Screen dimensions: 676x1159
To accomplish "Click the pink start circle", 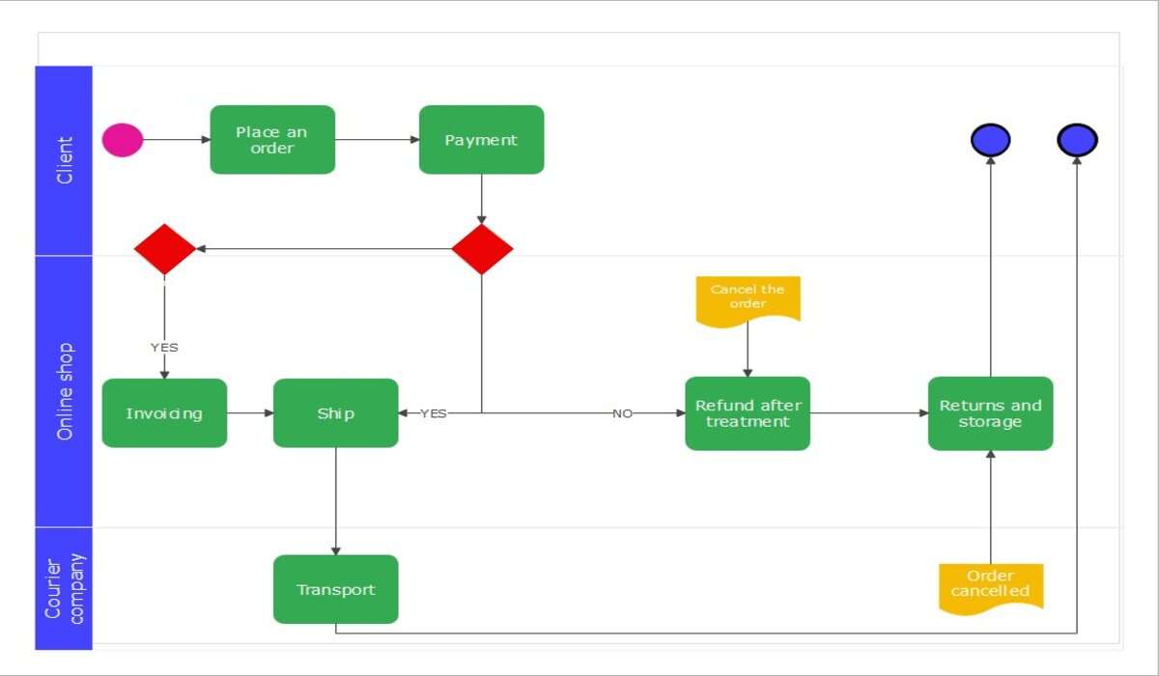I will [123, 140].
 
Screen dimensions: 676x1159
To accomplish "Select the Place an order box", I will [272, 140].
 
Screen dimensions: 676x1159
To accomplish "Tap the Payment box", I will [481, 140].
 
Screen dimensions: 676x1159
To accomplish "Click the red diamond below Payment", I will [482, 249].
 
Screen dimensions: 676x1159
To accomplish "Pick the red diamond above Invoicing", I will [164, 249].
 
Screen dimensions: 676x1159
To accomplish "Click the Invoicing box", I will [164, 413].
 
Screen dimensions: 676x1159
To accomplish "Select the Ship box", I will [335, 413].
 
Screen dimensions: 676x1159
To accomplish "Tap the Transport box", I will [335, 589].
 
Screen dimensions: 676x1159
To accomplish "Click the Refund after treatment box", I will [748, 413].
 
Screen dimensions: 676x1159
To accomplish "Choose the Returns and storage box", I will [990, 413].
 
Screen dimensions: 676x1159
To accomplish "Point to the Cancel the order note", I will [748, 298].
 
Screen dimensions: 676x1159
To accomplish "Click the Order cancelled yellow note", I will [990, 584].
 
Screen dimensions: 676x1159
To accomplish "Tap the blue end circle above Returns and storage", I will [990, 141].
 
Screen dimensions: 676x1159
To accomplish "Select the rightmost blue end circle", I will [1077, 141].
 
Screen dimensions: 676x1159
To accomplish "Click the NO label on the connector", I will [622, 413].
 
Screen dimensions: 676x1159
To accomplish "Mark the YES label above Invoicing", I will [164, 348].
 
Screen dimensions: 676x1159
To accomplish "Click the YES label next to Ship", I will [434, 413].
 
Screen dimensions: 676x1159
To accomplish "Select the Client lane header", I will [65, 160].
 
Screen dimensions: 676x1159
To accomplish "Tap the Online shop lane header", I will [65, 390].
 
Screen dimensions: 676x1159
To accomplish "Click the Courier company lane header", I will [65, 588].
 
